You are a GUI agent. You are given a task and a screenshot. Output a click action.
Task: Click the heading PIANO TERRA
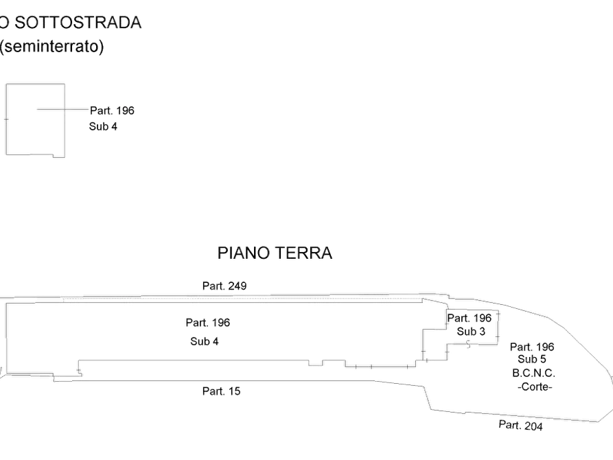(x=275, y=253)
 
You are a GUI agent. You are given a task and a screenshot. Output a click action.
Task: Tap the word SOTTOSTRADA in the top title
(x=78, y=23)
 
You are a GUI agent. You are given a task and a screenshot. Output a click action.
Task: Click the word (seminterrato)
(x=52, y=47)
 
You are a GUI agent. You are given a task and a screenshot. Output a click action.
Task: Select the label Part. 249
(x=224, y=286)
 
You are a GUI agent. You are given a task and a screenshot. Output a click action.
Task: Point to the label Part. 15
(x=221, y=391)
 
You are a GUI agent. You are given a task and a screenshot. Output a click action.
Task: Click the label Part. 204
(x=520, y=425)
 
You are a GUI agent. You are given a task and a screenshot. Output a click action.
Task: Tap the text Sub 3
(x=471, y=332)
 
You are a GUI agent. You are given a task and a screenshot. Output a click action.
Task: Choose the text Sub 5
(x=532, y=359)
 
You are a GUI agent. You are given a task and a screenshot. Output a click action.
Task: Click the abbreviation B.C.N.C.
(x=533, y=373)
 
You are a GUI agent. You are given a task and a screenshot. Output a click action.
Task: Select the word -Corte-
(x=535, y=387)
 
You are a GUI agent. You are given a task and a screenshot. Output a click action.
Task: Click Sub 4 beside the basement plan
(x=103, y=127)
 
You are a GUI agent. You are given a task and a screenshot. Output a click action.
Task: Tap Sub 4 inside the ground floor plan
(x=205, y=341)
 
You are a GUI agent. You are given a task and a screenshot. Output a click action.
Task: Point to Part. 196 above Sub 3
(x=469, y=318)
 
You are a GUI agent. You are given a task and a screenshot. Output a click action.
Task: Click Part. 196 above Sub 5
(x=532, y=347)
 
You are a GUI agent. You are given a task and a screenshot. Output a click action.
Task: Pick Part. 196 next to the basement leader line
(x=112, y=111)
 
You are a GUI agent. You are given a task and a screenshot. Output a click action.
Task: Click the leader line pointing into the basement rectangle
(x=63, y=109)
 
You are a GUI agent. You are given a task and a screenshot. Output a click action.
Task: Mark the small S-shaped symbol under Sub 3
(x=468, y=344)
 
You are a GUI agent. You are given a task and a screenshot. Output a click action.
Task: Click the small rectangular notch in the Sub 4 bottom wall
(x=316, y=363)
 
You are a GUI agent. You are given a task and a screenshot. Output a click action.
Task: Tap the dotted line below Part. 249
(x=242, y=299)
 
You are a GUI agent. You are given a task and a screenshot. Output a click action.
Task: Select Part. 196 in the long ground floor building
(x=208, y=323)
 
